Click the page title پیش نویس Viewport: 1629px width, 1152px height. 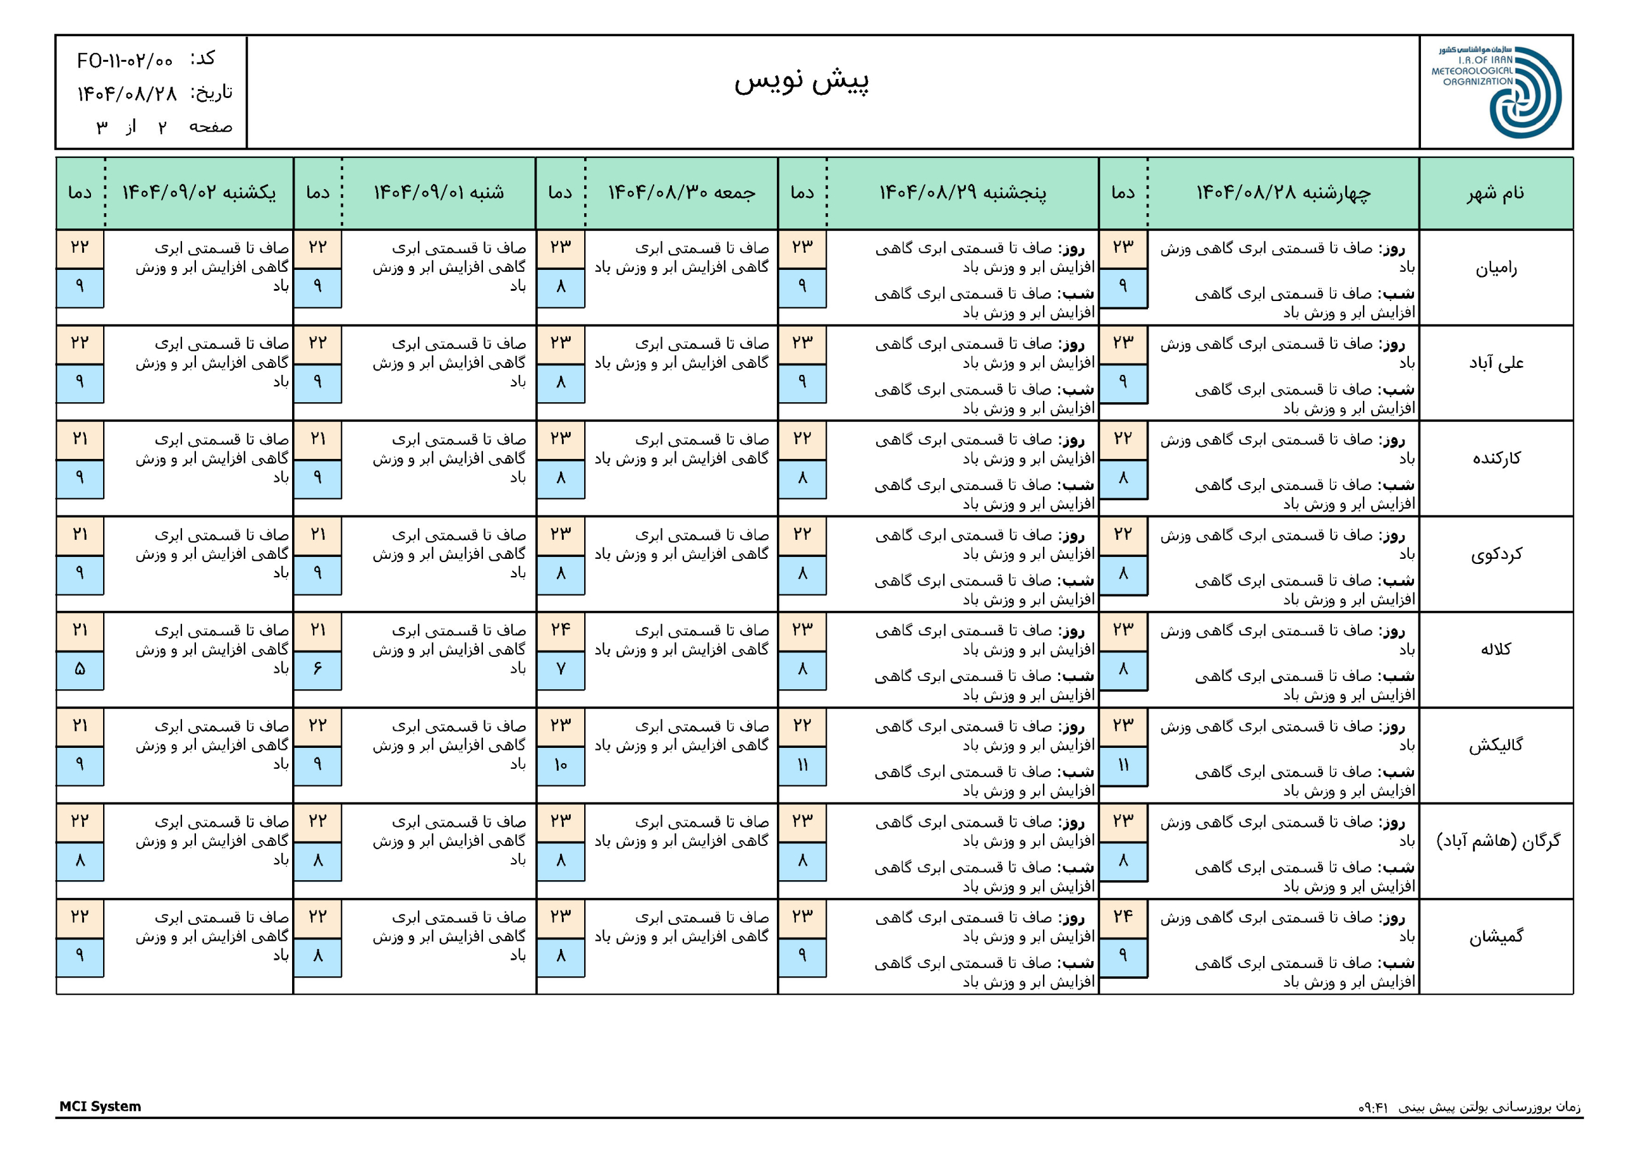(801, 81)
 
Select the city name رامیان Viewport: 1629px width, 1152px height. (1495, 269)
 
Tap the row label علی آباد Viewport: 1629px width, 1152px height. (1495, 363)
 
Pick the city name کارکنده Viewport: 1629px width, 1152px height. (1495, 458)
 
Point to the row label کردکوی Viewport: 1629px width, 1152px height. (1495, 554)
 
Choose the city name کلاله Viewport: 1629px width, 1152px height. (1495, 649)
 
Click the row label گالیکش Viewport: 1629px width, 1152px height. (1495, 745)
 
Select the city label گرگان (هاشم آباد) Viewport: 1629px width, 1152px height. (1498, 841)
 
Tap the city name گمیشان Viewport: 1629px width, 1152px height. (1495, 937)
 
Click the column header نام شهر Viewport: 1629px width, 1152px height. (1495, 193)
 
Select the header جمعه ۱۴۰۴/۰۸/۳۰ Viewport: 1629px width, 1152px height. (681, 193)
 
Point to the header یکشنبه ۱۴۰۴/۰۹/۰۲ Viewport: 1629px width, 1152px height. (199, 193)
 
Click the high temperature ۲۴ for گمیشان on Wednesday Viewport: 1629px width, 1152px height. (1122, 917)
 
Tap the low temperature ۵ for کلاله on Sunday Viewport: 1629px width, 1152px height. (80, 669)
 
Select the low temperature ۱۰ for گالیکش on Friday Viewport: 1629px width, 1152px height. (561, 764)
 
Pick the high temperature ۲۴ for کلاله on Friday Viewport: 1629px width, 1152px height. (561, 630)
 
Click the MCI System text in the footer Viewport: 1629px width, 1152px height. (100, 1106)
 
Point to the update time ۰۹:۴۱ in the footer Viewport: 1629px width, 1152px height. (1373, 1107)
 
